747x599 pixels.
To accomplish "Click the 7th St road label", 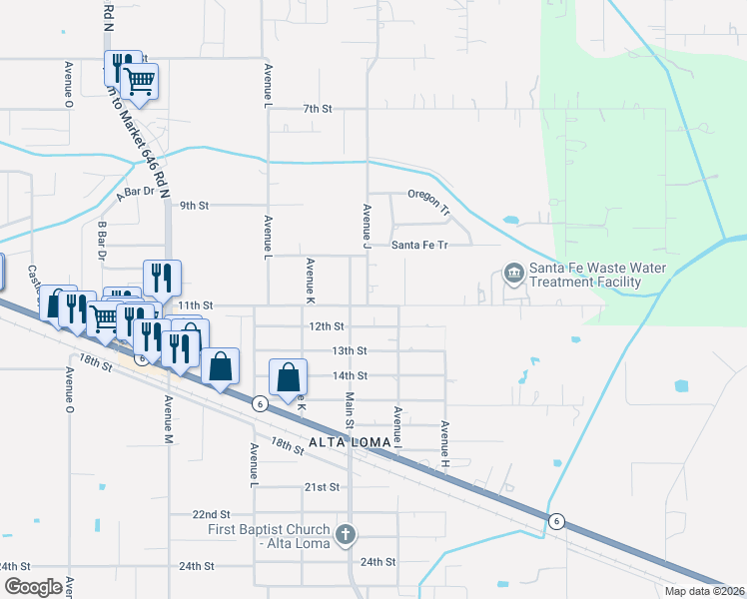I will (x=317, y=108).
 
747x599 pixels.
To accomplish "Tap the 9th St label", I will (x=194, y=206).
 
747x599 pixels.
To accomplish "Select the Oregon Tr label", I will (x=429, y=200).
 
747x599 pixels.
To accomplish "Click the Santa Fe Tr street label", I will (x=418, y=245).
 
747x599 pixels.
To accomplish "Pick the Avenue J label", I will (x=367, y=227).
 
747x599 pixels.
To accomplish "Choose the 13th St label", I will (x=350, y=351).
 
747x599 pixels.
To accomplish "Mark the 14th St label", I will (x=350, y=375).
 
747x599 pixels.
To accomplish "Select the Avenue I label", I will (x=396, y=426).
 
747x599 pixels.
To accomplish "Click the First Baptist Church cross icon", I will (x=346, y=533).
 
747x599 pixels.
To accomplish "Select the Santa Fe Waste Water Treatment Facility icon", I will (x=513, y=273).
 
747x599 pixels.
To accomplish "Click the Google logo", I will (x=33, y=587).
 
